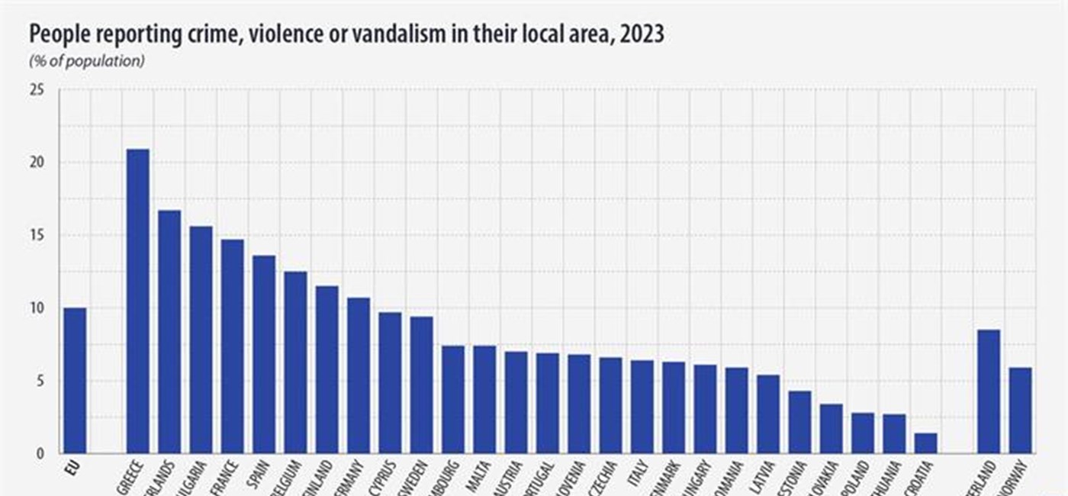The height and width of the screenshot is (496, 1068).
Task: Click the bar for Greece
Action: (x=137, y=301)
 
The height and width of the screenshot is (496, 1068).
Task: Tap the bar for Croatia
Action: (x=925, y=443)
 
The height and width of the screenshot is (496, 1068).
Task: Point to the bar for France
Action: (x=233, y=346)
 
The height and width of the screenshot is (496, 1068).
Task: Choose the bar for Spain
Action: (x=264, y=354)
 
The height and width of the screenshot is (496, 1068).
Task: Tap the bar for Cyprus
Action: (x=390, y=382)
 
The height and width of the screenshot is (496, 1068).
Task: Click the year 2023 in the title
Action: (x=642, y=35)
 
